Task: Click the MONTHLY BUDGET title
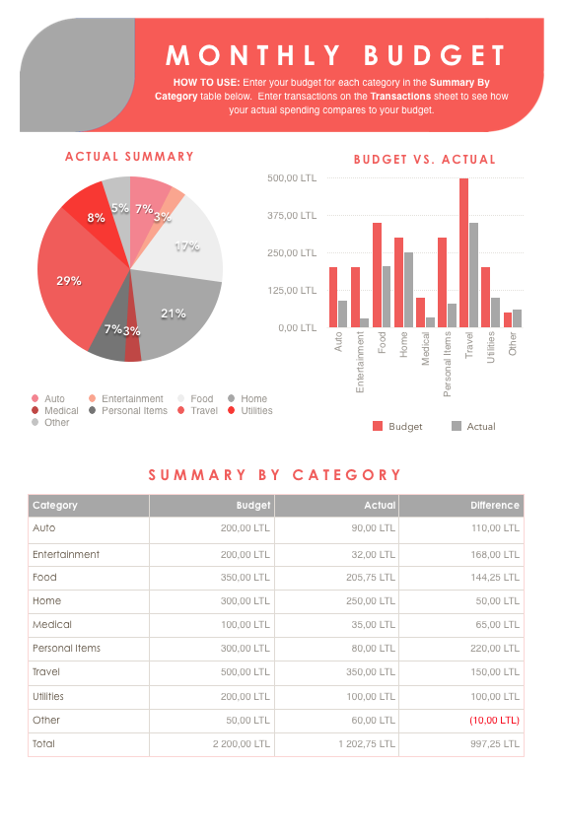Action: pos(335,55)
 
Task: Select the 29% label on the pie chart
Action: pos(68,281)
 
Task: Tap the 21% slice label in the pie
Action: pos(174,313)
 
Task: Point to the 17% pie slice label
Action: pos(186,246)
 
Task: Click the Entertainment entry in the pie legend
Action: pos(125,399)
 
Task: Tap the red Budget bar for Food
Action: pos(377,275)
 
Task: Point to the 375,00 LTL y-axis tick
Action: pos(292,216)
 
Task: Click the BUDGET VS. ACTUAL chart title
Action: pos(425,160)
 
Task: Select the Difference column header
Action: pos(494,506)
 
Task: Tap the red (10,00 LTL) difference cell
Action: pos(494,721)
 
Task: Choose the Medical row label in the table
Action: pos(52,625)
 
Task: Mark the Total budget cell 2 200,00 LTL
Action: pos(241,744)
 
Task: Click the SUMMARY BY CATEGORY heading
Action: pos(275,475)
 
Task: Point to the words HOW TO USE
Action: pos(205,83)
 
